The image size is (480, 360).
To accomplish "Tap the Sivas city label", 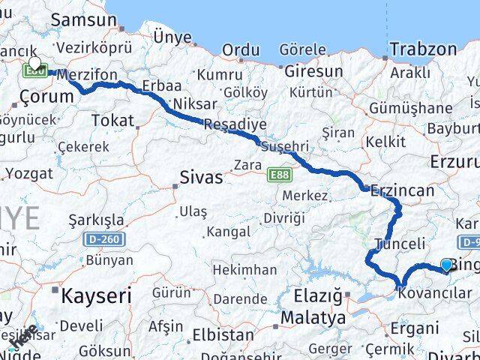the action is click(201, 178).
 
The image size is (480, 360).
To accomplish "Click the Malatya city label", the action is click(313, 318).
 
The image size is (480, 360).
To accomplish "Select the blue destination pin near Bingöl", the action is click(447, 265).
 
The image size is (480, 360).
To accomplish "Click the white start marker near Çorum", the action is click(34, 64).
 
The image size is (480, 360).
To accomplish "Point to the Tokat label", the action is click(112, 120).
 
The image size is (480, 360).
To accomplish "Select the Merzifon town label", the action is click(87, 76).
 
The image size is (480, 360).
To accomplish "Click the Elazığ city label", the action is click(319, 297).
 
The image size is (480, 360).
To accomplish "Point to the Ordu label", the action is click(241, 50).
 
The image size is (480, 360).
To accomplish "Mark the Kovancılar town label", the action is click(436, 293).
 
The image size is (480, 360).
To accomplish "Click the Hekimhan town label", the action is click(244, 269).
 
